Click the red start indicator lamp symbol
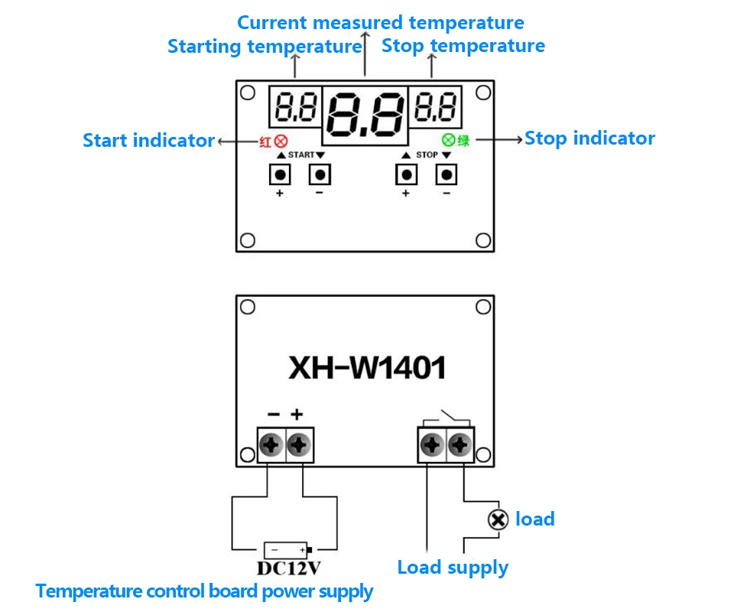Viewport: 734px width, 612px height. pos(281,141)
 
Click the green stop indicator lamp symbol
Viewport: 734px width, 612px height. pos(449,139)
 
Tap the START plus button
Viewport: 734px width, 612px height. pos(280,174)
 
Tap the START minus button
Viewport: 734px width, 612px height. pos(320,174)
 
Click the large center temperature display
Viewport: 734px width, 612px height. pos(365,115)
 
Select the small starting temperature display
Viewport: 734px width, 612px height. pos(295,106)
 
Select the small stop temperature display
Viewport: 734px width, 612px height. pos(435,106)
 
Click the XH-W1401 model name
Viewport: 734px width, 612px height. pos(367,367)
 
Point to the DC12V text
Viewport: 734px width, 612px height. pos(289,568)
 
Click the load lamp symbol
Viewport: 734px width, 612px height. pos(498,519)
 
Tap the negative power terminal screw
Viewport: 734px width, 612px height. pos(271,444)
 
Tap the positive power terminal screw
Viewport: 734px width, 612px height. pos(299,444)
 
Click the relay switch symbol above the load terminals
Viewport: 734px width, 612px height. pos(446,418)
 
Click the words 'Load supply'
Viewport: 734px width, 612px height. pos(453,568)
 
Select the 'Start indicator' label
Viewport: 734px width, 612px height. pos(148,141)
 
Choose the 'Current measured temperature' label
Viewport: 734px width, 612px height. pos(381,22)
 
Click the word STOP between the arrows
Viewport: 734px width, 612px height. pos(427,155)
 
